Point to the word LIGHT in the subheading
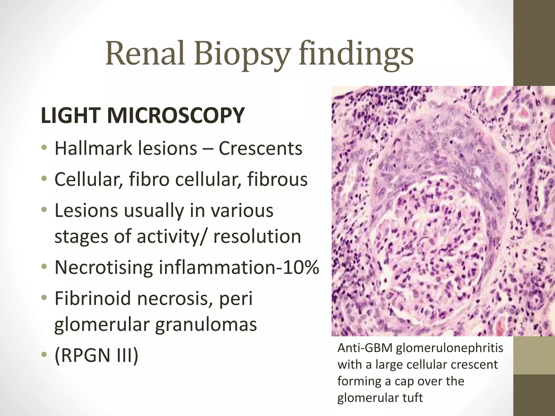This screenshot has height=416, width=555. click(x=71, y=116)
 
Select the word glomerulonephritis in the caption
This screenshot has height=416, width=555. click(x=450, y=348)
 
